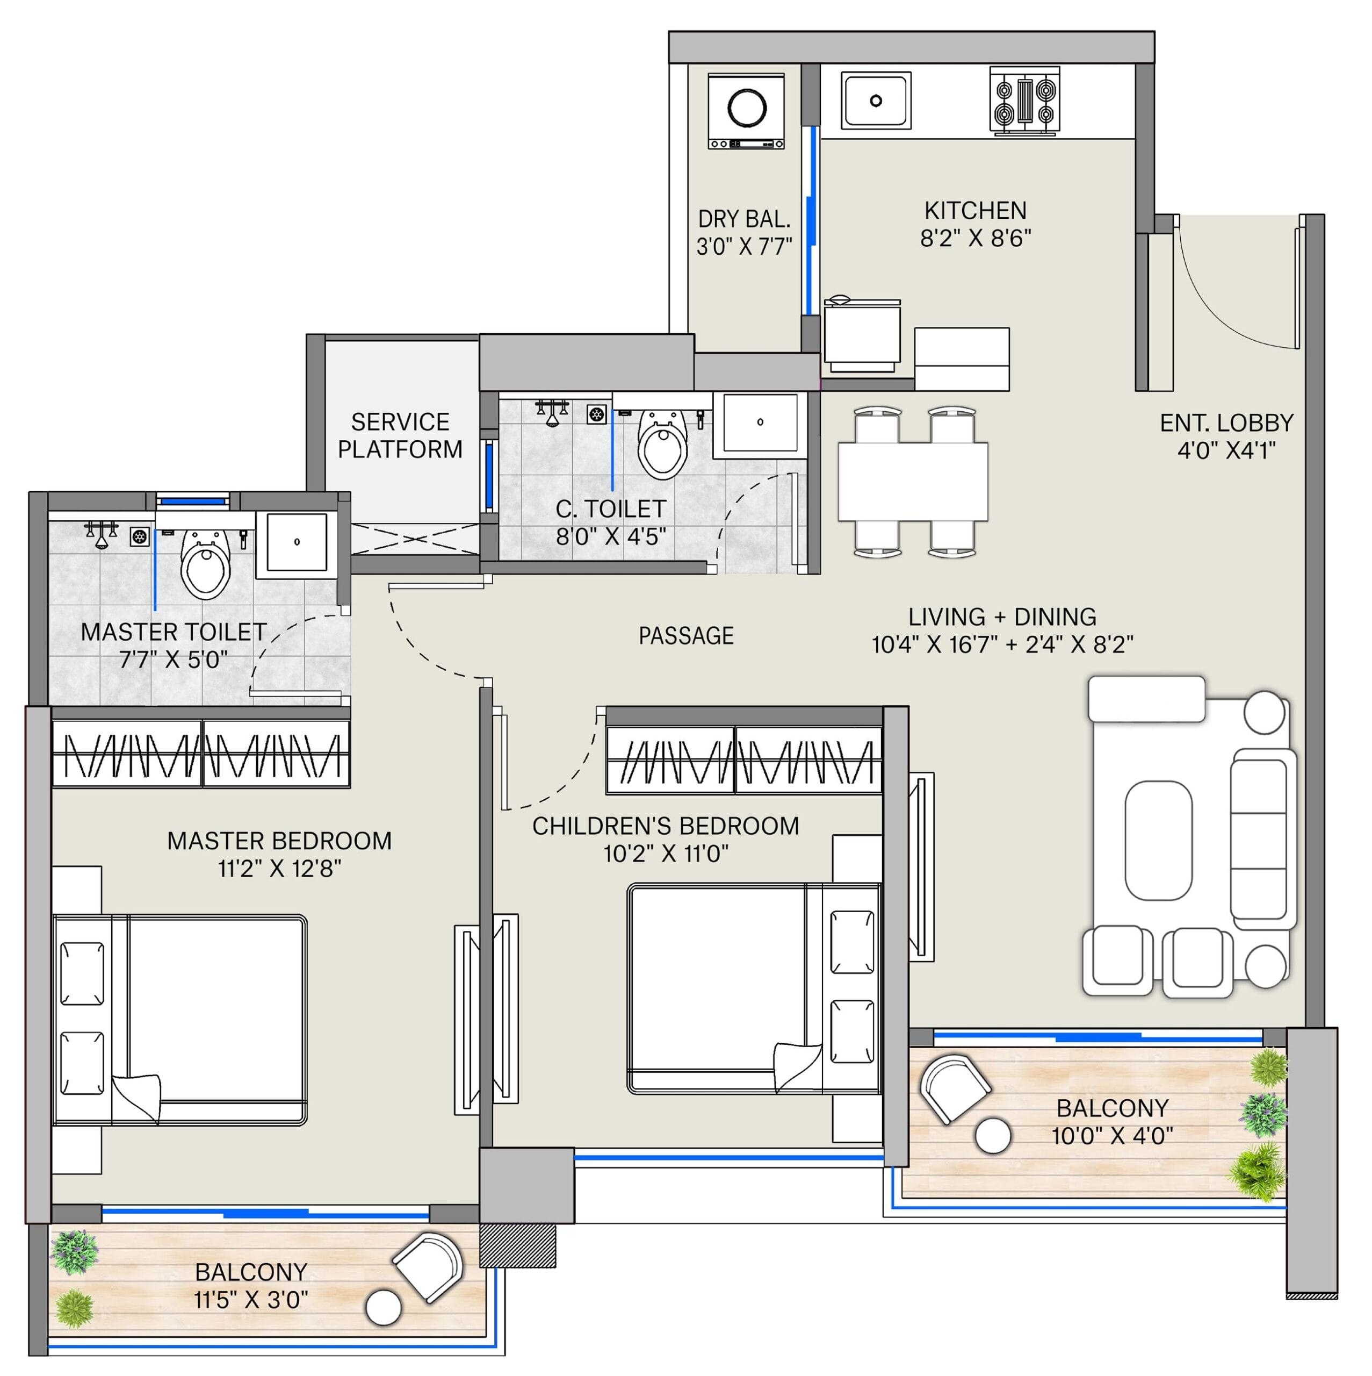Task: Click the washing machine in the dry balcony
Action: (746, 111)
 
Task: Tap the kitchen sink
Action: (875, 101)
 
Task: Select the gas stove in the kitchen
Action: (1024, 101)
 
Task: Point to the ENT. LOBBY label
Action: (1226, 423)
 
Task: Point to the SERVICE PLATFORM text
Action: (400, 436)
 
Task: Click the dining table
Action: (913, 482)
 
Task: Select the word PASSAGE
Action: (685, 635)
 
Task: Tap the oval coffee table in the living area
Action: (1158, 841)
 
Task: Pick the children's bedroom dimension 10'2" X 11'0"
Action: (666, 853)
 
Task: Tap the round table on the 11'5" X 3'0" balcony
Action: (383, 1308)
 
